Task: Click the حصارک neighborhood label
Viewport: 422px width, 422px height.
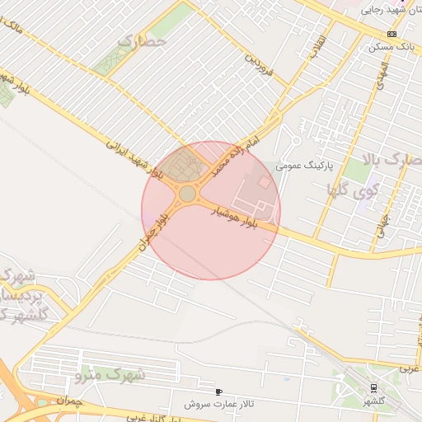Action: pos(143,40)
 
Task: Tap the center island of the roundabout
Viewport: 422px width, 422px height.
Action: pos(188,194)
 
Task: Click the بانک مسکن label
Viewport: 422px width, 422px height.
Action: pos(394,47)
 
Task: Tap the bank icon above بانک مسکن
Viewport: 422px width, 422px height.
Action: pos(392,34)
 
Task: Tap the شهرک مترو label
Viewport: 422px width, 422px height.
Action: pos(110,375)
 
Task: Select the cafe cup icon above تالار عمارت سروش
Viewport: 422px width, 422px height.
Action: pos(218,392)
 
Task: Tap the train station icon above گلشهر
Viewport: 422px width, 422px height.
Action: pos(373,387)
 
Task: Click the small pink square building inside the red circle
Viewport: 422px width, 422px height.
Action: pos(265,181)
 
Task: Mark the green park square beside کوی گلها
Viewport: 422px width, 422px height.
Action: pos(357,171)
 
